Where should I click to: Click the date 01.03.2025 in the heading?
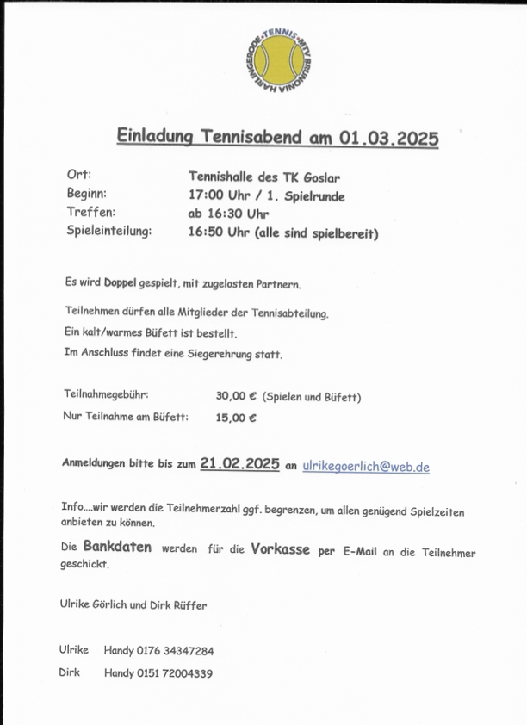point(388,137)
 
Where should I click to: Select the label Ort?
point(79,176)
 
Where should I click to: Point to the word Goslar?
point(322,177)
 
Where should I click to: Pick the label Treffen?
point(90,212)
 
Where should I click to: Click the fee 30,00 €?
point(237,397)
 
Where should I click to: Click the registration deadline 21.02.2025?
point(239,463)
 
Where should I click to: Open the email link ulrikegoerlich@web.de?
point(366,466)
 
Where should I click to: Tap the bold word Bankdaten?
point(117,547)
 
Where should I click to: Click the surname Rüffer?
point(189,604)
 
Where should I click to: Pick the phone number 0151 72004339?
point(176,672)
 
